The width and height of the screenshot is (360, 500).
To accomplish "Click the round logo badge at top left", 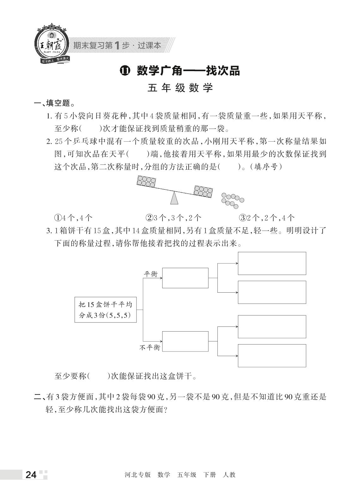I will click(x=51, y=45).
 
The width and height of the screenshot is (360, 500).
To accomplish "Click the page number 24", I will click(x=31, y=475).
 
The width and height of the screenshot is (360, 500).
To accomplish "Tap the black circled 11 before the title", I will click(x=125, y=71).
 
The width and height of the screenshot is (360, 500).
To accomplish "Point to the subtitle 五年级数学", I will click(x=180, y=88).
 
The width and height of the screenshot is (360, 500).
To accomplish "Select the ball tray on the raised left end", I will click(x=146, y=181).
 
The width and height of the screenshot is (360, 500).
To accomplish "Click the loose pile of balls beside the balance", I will click(x=233, y=200).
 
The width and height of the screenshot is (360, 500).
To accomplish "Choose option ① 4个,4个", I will click(x=73, y=217).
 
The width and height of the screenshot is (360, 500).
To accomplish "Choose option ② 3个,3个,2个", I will click(x=173, y=217).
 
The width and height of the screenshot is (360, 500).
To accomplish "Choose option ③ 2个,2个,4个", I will click(x=267, y=217).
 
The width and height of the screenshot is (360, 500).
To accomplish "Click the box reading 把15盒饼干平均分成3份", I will click(x=106, y=310).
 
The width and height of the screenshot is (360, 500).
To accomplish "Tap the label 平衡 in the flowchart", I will click(x=151, y=274).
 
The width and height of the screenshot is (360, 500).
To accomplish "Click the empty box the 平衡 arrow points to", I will click(x=185, y=278).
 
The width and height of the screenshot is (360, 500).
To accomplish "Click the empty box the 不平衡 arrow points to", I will click(x=185, y=341).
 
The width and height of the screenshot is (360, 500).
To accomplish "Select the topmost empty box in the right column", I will click(x=272, y=263).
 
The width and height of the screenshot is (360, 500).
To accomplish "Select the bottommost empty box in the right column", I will click(x=272, y=356).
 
